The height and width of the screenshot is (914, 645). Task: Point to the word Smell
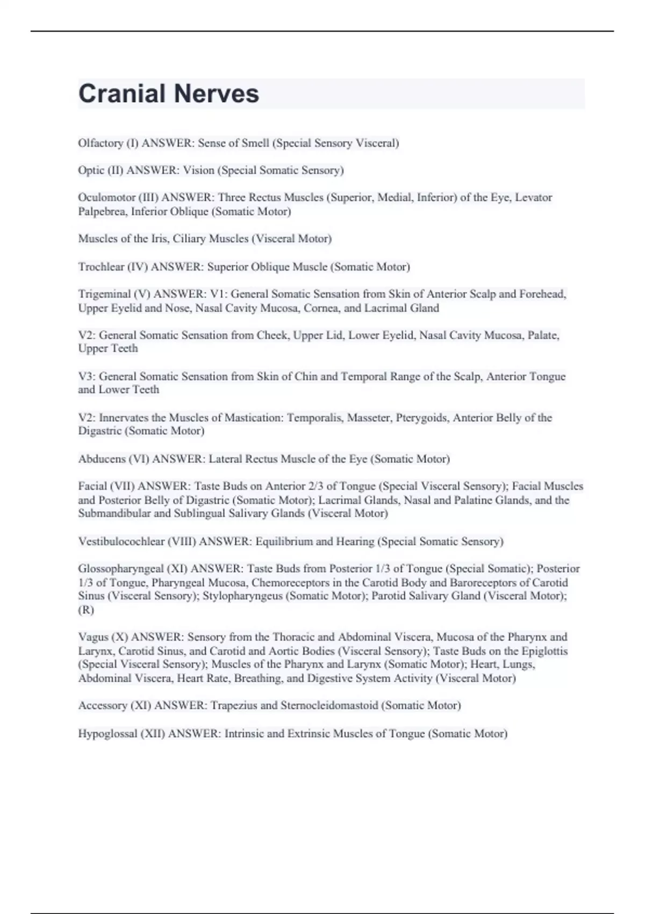(255, 143)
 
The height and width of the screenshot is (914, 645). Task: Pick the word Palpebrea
(103, 211)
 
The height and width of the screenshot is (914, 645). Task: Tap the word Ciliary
(189, 239)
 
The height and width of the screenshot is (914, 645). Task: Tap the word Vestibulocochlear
(121, 541)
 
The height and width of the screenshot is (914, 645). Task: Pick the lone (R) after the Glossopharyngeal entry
(86, 610)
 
